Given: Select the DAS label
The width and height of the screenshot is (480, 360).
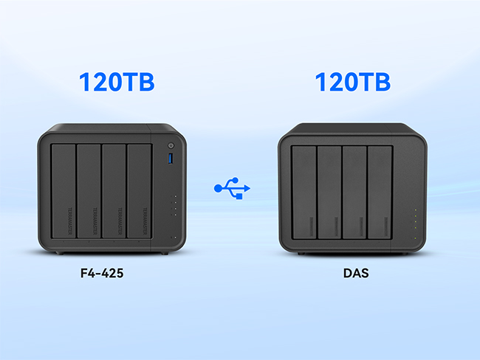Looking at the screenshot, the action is pos(355,272).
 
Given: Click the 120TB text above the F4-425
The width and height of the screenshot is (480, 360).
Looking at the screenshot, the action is pos(117,82).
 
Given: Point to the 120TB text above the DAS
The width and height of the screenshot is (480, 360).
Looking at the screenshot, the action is pos(352,82).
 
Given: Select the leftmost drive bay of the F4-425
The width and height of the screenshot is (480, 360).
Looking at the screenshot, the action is pos(63,192).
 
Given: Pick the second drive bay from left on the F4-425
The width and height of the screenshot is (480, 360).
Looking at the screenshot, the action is pos(89,192).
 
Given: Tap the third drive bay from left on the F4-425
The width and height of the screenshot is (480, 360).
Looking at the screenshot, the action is pos(114,192).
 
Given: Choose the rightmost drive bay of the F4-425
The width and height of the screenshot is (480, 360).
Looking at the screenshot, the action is pos(139,192).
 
